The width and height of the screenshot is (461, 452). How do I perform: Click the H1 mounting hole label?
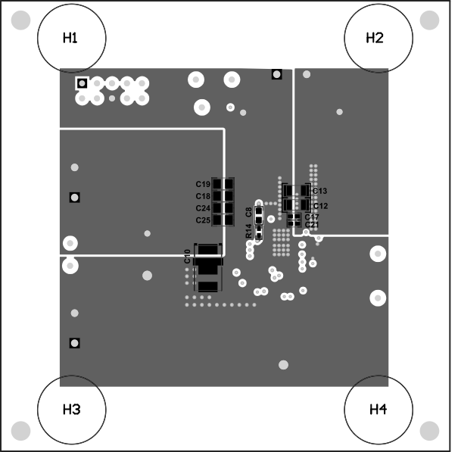point(70,38)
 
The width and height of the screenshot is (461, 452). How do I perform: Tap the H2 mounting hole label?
point(375,38)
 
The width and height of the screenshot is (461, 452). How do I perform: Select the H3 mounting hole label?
point(71,410)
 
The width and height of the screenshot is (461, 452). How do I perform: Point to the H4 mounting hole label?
point(378,410)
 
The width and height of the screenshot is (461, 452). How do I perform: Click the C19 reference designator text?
point(202,185)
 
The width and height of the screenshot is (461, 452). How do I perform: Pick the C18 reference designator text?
point(202,196)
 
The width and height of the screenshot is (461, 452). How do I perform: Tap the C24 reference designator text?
point(202,208)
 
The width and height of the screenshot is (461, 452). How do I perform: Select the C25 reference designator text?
point(202,220)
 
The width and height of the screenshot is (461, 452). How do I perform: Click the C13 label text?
point(319,191)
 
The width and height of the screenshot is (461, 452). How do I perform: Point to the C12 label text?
point(319,206)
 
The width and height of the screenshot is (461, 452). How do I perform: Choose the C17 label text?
point(312,217)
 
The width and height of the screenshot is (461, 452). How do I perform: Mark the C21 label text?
point(312,225)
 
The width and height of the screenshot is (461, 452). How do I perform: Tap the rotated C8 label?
point(249,212)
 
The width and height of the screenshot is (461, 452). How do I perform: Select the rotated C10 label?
point(188,256)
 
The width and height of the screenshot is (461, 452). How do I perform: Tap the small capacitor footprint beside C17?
point(294,217)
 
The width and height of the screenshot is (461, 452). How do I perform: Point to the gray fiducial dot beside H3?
point(20,432)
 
